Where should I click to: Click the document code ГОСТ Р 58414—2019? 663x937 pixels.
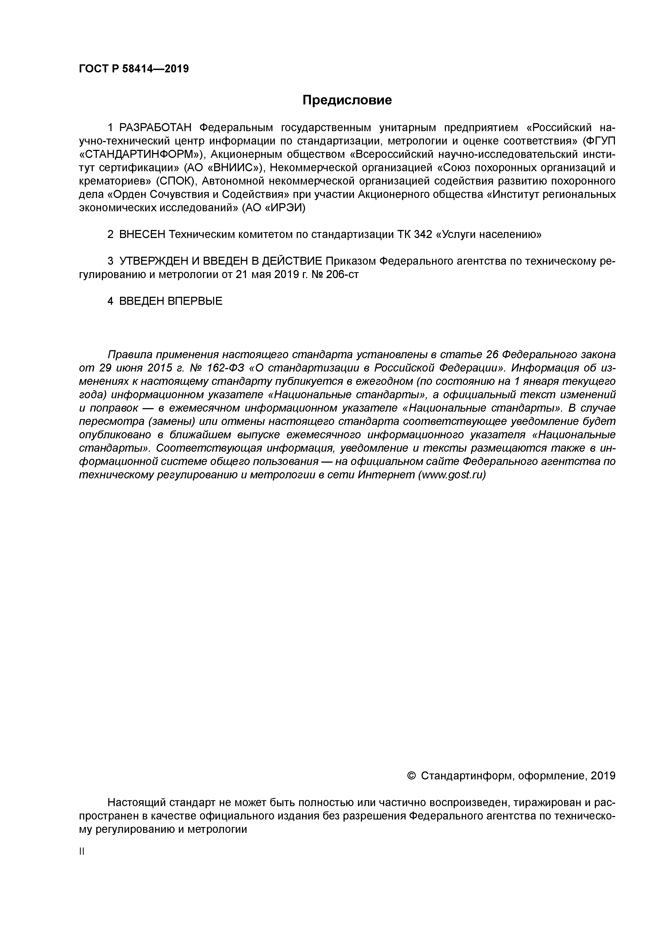pos(134,69)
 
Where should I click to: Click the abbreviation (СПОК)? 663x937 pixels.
pos(176,181)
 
